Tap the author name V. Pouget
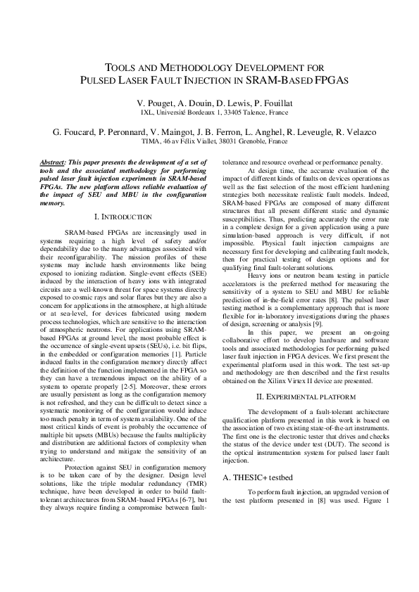(x=157, y=103)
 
